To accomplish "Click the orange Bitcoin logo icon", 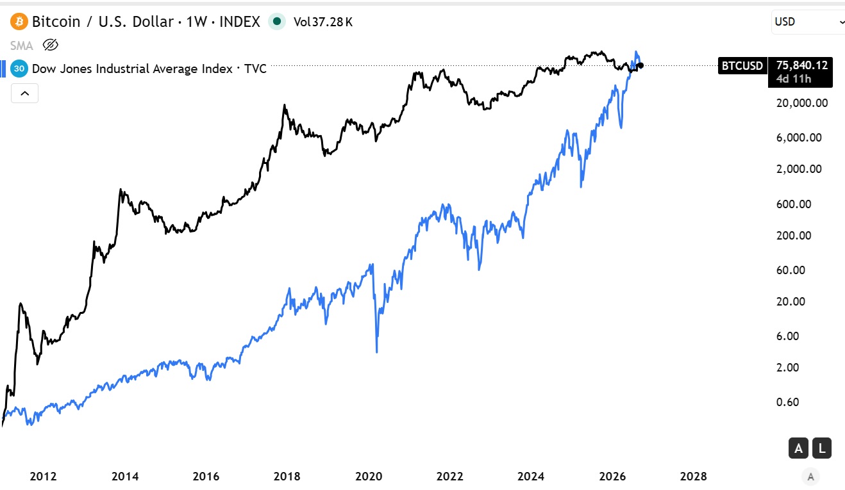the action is (19, 22).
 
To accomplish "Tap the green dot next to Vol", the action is (277, 22).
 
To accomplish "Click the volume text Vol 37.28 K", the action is (323, 22).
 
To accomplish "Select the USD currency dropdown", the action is (808, 22).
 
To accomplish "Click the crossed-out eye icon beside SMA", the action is (50, 45).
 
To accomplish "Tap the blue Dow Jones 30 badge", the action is (19, 69).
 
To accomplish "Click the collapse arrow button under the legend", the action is (24, 93).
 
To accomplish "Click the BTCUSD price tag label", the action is (742, 66).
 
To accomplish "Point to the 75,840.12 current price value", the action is (801, 65).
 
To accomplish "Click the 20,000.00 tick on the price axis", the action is (802, 103).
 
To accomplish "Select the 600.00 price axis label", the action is (794, 204).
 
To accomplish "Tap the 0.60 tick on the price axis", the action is (788, 402).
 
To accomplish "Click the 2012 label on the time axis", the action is (43, 477).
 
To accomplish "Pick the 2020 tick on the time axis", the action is (369, 477).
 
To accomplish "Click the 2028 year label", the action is (693, 477).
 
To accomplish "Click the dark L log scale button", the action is (822, 448).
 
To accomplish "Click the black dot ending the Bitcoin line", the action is (640, 65).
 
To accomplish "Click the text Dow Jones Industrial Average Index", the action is (132, 69).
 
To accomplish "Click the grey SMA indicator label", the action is (22, 45).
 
